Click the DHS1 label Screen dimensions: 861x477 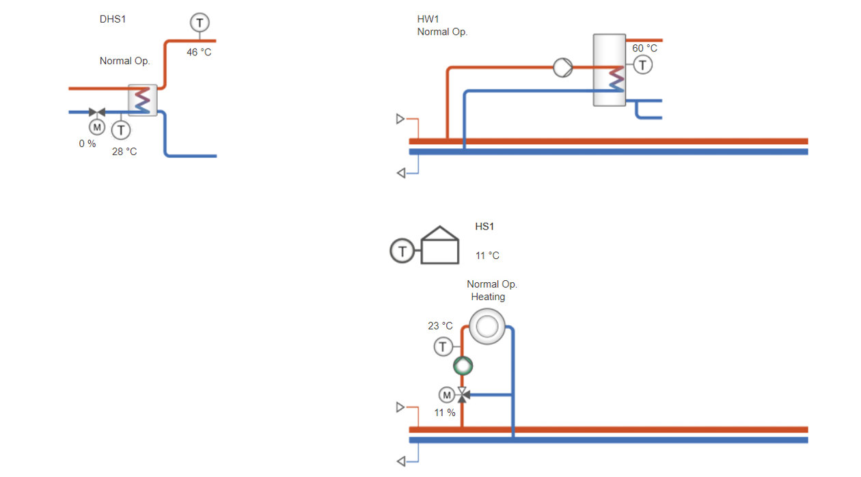click(x=113, y=19)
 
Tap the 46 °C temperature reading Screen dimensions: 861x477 click(x=199, y=52)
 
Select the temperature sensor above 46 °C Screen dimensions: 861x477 click(x=200, y=23)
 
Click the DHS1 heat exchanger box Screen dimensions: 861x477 click(x=142, y=100)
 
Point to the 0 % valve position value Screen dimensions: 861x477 click(x=87, y=144)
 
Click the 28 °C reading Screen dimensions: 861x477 click(x=124, y=152)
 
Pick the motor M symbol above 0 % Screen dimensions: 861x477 click(x=97, y=127)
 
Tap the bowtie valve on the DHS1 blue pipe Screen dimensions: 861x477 click(x=97, y=112)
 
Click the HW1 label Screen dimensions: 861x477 click(x=428, y=19)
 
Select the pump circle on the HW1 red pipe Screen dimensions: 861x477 click(x=563, y=68)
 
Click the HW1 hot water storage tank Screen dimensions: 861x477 click(x=610, y=70)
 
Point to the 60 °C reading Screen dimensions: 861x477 click(x=644, y=49)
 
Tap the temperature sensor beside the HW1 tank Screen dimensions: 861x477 click(x=642, y=65)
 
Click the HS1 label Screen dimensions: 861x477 click(x=484, y=226)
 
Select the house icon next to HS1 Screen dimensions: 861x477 click(x=440, y=245)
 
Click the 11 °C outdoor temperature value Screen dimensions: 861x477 click(x=487, y=256)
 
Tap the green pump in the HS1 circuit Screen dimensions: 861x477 click(x=463, y=366)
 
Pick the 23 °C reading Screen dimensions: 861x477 click(x=440, y=326)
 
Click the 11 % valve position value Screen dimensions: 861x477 click(x=445, y=413)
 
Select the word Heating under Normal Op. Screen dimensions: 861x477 click(x=488, y=297)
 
